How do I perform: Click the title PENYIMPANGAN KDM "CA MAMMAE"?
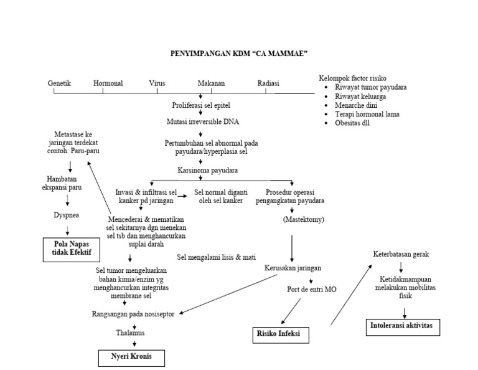240,55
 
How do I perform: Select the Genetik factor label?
60,83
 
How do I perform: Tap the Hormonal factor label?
108,83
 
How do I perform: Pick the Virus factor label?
157,83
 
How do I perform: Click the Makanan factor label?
211,83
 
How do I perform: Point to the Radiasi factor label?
268,83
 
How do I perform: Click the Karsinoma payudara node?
207,170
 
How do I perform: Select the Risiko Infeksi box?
279,334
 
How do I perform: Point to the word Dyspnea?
67,215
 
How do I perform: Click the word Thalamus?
130,333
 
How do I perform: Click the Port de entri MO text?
312,290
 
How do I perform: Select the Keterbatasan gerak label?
401,254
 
